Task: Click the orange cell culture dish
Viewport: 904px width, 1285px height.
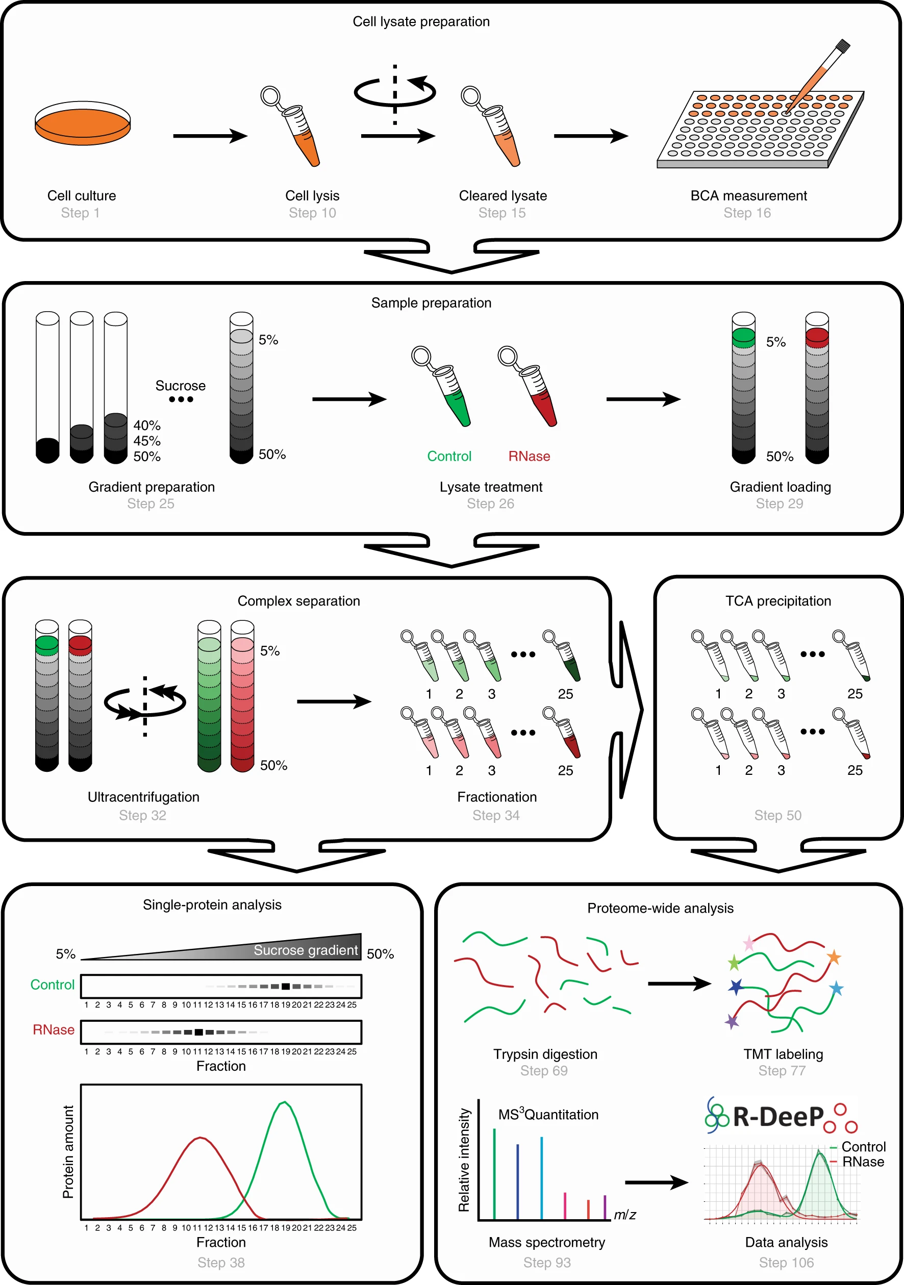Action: pyautogui.click(x=82, y=124)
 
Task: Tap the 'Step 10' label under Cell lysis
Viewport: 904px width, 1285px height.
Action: pyautogui.click(x=312, y=213)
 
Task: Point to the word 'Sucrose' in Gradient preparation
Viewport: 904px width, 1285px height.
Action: pyautogui.click(x=180, y=386)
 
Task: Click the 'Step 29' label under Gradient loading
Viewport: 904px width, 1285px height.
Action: pyautogui.click(x=779, y=503)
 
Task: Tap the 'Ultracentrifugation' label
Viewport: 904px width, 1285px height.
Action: pyautogui.click(x=143, y=797)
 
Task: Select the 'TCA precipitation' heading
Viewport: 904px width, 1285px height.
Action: pyautogui.click(x=778, y=600)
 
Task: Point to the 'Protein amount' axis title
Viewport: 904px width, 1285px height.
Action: pyautogui.click(x=68, y=1151)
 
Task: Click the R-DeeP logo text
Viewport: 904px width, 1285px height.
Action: pyautogui.click(x=778, y=1117)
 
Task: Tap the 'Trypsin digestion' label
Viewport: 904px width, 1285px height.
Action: pyautogui.click(x=545, y=1054)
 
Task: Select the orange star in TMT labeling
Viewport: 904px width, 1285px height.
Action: pyautogui.click(x=834, y=957)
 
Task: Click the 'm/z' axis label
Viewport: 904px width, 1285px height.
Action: pyautogui.click(x=624, y=1215)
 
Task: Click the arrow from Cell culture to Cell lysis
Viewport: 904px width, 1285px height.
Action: pyautogui.click(x=210, y=136)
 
